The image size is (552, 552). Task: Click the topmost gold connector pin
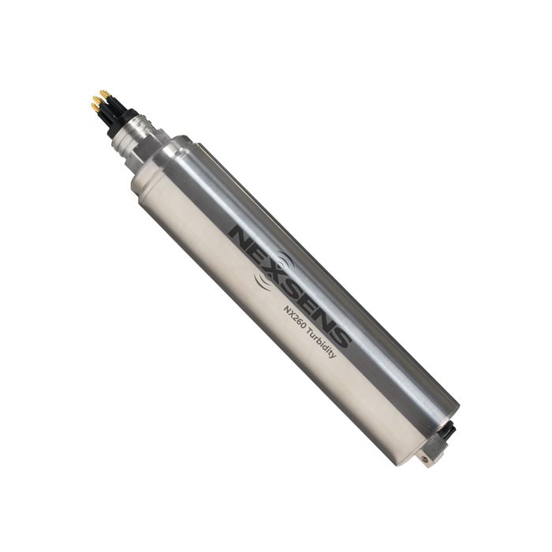click(103, 94)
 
